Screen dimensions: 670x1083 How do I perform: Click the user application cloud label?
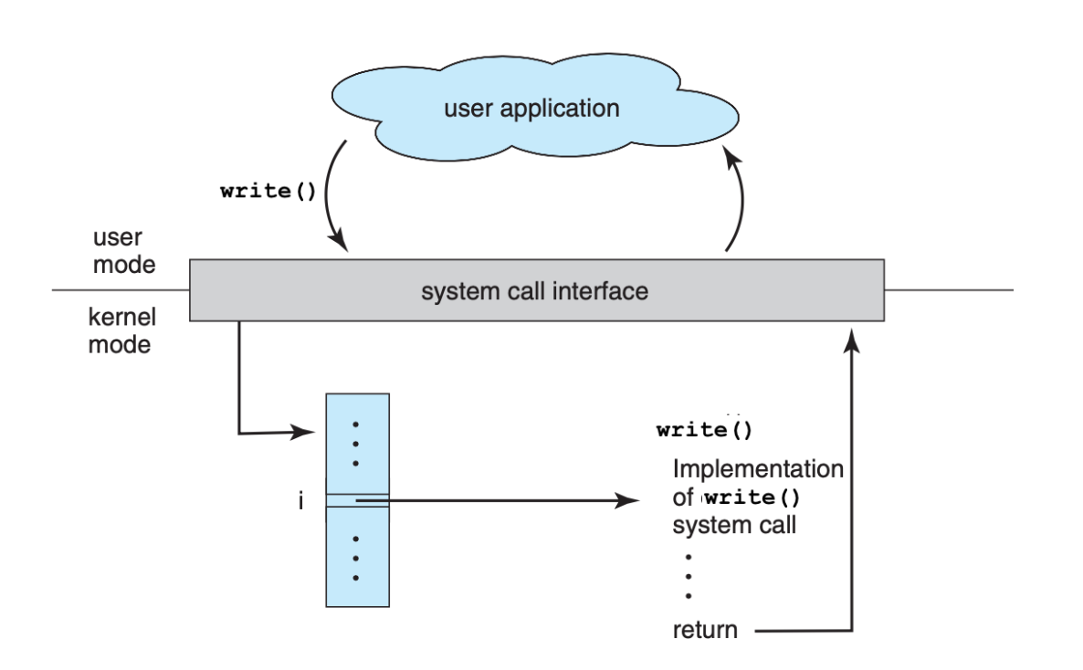531,110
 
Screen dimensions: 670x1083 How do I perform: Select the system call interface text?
535,292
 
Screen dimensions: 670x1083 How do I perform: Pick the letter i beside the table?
300,501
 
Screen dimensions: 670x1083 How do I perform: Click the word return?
705,630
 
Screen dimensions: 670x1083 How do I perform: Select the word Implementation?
757,470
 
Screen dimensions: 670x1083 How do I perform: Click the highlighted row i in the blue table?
358,500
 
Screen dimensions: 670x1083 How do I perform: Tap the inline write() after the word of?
755,500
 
